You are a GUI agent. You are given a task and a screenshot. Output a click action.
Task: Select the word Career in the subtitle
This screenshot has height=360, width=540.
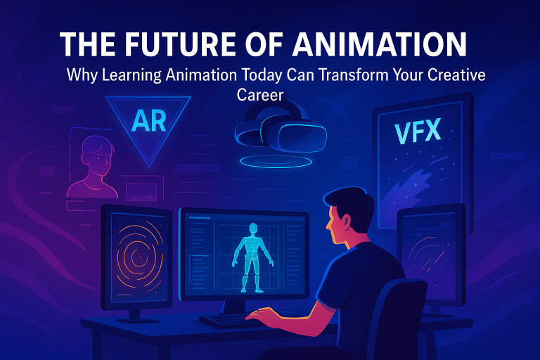[x=259, y=93]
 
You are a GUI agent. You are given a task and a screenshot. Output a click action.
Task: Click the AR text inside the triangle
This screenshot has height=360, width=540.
[x=148, y=121]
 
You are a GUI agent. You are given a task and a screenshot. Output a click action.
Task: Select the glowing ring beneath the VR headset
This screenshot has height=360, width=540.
[x=279, y=161]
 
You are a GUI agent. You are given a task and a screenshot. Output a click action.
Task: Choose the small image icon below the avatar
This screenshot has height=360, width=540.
[x=144, y=191]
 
